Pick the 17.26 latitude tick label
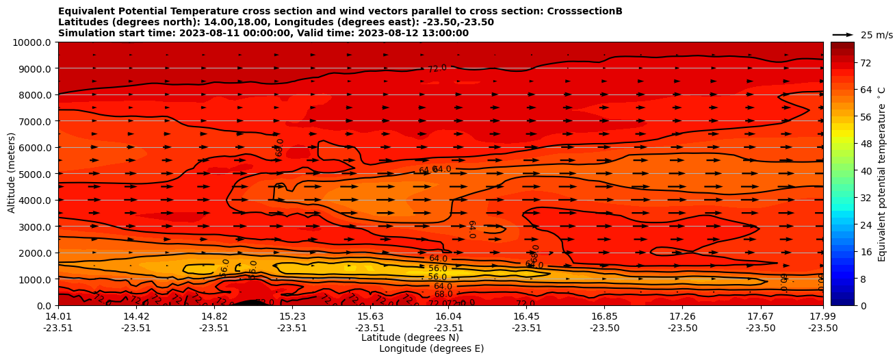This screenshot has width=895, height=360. tap(682, 316)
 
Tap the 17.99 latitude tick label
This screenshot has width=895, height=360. tap(822, 316)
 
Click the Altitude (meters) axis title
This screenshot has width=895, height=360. tap(12, 174)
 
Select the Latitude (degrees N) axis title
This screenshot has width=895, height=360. tap(410, 337)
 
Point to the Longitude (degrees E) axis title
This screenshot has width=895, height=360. tap(431, 348)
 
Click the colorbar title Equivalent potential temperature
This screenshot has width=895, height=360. tap(882, 174)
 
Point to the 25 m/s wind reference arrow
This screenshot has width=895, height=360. tap(842, 34)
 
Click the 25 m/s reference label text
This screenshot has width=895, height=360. tap(876, 34)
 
